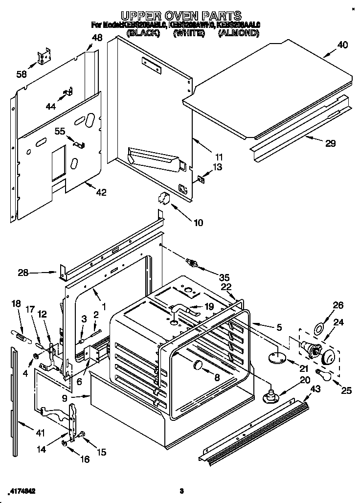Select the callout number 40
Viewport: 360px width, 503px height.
pos(342,45)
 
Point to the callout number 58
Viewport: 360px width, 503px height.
pos(22,74)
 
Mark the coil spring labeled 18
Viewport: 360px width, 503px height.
pos(20,336)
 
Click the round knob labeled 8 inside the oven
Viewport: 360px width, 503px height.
pos(198,365)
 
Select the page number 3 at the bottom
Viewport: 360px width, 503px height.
pos(181,491)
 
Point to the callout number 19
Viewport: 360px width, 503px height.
pos(209,307)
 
